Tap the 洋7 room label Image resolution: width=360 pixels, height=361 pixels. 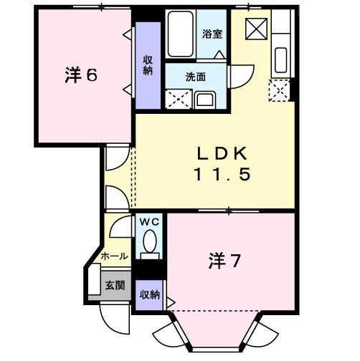[x=224, y=261]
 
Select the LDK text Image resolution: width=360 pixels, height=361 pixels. [x=223, y=153]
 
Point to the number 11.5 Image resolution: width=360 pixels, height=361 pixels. [x=222, y=174]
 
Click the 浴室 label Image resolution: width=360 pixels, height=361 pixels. [x=212, y=33]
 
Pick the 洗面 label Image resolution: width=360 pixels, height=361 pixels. [x=196, y=77]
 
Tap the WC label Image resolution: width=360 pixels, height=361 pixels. [x=150, y=223]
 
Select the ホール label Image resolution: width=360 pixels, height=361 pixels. [x=115, y=256]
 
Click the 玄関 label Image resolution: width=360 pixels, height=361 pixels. [x=115, y=284]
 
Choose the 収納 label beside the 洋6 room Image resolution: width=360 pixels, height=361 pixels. [x=148, y=65]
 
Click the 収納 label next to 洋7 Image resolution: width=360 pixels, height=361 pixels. [x=149, y=294]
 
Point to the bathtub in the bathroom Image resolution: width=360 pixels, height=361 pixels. [x=179, y=33]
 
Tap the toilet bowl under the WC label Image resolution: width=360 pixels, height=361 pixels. [x=150, y=246]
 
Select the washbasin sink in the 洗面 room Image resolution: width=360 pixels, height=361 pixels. [x=205, y=100]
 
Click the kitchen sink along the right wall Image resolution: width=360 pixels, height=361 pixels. [x=280, y=60]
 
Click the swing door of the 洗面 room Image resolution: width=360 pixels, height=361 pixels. [x=242, y=74]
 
